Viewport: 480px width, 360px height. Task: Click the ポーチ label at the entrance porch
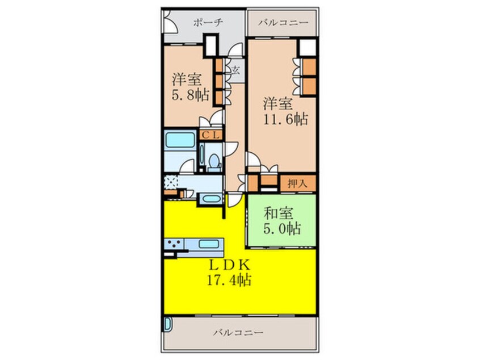click(x=208, y=23)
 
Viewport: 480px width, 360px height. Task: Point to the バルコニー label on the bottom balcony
click(x=238, y=332)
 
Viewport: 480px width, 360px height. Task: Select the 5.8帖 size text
click(x=191, y=95)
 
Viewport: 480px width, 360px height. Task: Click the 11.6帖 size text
click(x=285, y=119)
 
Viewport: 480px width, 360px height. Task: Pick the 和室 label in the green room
click(x=278, y=214)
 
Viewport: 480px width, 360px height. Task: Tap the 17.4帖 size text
click(x=229, y=280)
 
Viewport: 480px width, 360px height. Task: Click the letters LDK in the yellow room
click(x=230, y=264)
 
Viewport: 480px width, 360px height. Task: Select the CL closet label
click(x=210, y=135)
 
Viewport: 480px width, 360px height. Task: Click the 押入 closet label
click(x=297, y=184)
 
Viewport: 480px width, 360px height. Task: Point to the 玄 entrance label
click(x=235, y=71)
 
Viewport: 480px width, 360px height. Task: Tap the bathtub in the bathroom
click(x=180, y=140)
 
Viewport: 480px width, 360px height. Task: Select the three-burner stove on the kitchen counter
click(x=174, y=244)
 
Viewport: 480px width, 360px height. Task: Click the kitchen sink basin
click(x=209, y=244)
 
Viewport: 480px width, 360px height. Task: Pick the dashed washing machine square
click(x=171, y=182)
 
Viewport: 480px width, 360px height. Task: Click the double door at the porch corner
click(x=170, y=22)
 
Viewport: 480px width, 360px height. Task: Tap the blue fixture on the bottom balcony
click(x=167, y=324)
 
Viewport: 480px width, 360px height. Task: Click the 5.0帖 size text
click(x=282, y=229)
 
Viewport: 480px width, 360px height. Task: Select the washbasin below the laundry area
click(x=211, y=199)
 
